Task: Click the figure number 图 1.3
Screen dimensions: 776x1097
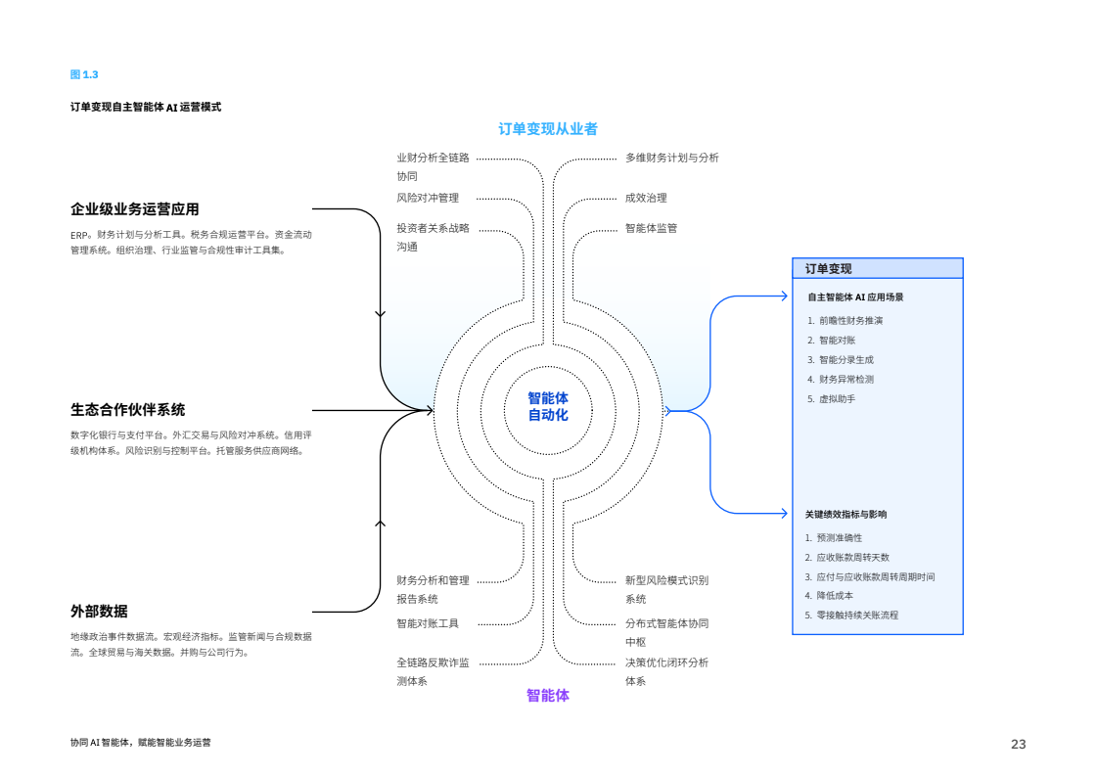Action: [x=84, y=74]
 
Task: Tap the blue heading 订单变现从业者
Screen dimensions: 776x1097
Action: [x=548, y=129]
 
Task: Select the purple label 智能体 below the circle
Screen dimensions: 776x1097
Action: [x=548, y=696]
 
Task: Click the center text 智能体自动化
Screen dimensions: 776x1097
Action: [x=548, y=406]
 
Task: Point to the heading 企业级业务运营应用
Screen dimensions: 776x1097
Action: [x=135, y=209]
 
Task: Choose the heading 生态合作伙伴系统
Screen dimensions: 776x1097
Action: [x=127, y=410]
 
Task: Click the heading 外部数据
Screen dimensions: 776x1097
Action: [x=99, y=612]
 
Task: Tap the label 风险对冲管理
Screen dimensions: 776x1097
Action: [x=428, y=198]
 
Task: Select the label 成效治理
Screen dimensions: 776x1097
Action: [x=646, y=198]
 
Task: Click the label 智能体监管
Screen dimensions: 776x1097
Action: [x=651, y=228]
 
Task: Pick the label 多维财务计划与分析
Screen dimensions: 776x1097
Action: [x=672, y=158]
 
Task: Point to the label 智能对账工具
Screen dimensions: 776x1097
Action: [x=428, y=623]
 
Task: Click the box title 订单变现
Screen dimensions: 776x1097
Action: [x=828, y=268]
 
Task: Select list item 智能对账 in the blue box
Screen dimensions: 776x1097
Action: [x=837, y=341]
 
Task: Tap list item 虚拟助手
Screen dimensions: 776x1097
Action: [x=837, y=399]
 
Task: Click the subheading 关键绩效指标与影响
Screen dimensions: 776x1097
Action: [x=846, y=514]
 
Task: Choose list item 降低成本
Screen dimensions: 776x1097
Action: [x=835, y=595]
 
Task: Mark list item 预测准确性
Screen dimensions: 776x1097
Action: [x=839, y=537]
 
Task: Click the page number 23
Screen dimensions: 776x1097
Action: [x=1018, y=745]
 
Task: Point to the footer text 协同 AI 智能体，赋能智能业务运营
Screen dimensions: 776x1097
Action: [x=140, y=743]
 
